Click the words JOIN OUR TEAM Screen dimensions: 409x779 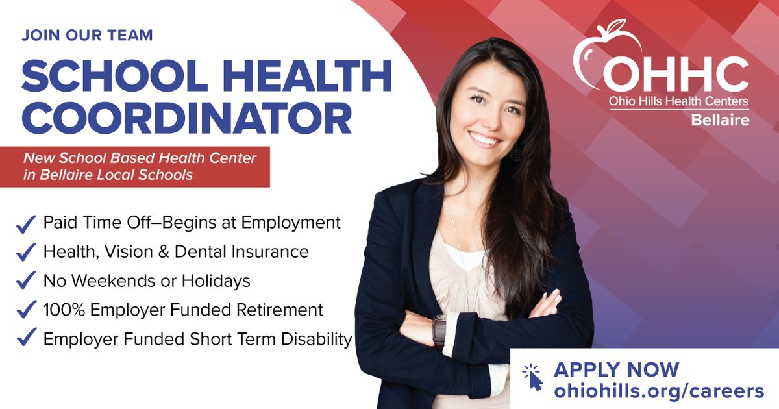click(87, 35)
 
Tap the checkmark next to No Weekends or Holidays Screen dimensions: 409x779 click(26, 282)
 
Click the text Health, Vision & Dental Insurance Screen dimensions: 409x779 click(176, 251)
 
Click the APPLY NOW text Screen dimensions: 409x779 click(616, 369)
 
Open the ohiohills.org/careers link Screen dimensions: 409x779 click(659, 391)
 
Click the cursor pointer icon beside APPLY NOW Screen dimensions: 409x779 click(533, 377)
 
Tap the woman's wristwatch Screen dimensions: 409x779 click(439, 330)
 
